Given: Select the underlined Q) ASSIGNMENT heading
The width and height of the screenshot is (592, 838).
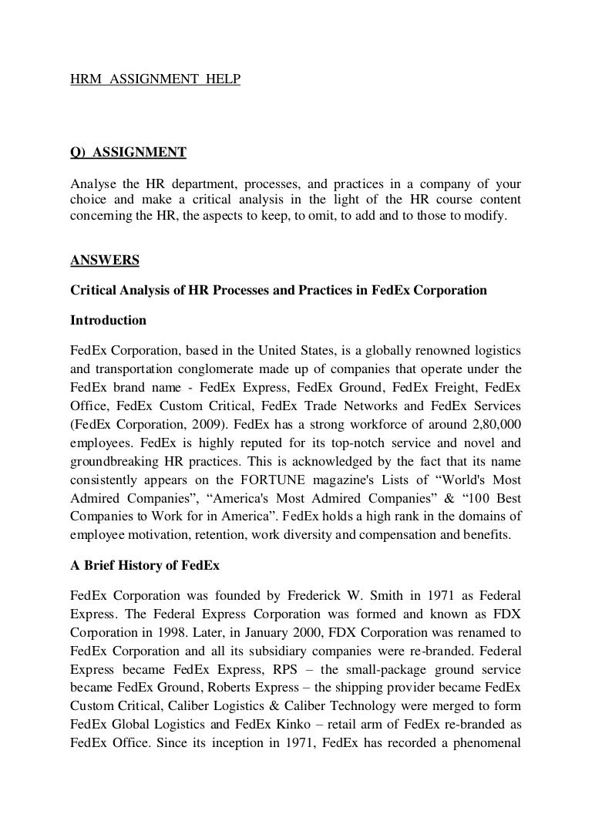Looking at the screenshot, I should click(x=128, y=153).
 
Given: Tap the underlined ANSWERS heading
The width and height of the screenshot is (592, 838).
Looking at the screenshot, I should click(x=105, y=261).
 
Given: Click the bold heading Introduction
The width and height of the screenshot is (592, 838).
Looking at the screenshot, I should click(x=108, y=319).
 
